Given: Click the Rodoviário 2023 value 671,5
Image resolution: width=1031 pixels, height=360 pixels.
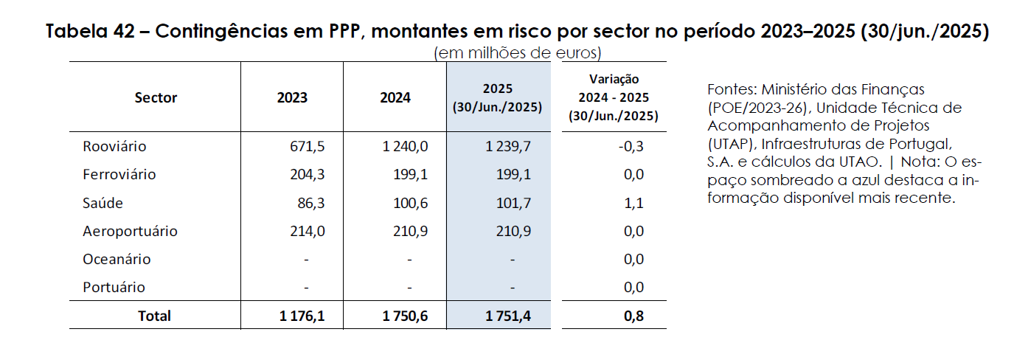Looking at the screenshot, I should (x=308, y=147).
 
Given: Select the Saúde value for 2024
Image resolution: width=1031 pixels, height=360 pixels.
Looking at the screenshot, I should (x=410, y=203).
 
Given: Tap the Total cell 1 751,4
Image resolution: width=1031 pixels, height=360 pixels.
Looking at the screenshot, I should (x=508, y=316).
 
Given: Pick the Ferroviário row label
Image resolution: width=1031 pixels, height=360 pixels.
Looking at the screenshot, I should (x=119, y=175).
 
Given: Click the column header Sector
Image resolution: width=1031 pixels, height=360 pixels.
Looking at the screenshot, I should (x=156, y=98).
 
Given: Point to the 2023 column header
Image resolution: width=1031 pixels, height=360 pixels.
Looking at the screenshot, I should (x=292, y=98).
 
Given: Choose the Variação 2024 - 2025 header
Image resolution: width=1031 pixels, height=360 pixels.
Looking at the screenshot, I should (x=614, y=97).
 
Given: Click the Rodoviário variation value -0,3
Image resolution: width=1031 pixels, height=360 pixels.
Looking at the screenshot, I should (x=631, y=147).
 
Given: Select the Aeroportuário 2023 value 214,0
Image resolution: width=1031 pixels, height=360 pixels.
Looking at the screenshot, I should (x=308, y=231).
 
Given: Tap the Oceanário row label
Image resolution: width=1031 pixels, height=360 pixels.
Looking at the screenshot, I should (x=117, y=259).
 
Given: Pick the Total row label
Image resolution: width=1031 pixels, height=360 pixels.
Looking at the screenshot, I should (x=154, y=316).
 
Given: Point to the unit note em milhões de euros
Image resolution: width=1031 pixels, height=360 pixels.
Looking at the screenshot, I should (x=518, y=53).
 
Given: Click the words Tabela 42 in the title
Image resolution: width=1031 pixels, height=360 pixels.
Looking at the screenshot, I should (x=91, y=32).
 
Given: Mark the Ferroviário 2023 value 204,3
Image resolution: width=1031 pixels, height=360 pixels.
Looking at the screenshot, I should (x=308, y=175).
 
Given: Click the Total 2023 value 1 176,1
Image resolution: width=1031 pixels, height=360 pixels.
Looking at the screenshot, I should (x=302, y=316).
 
